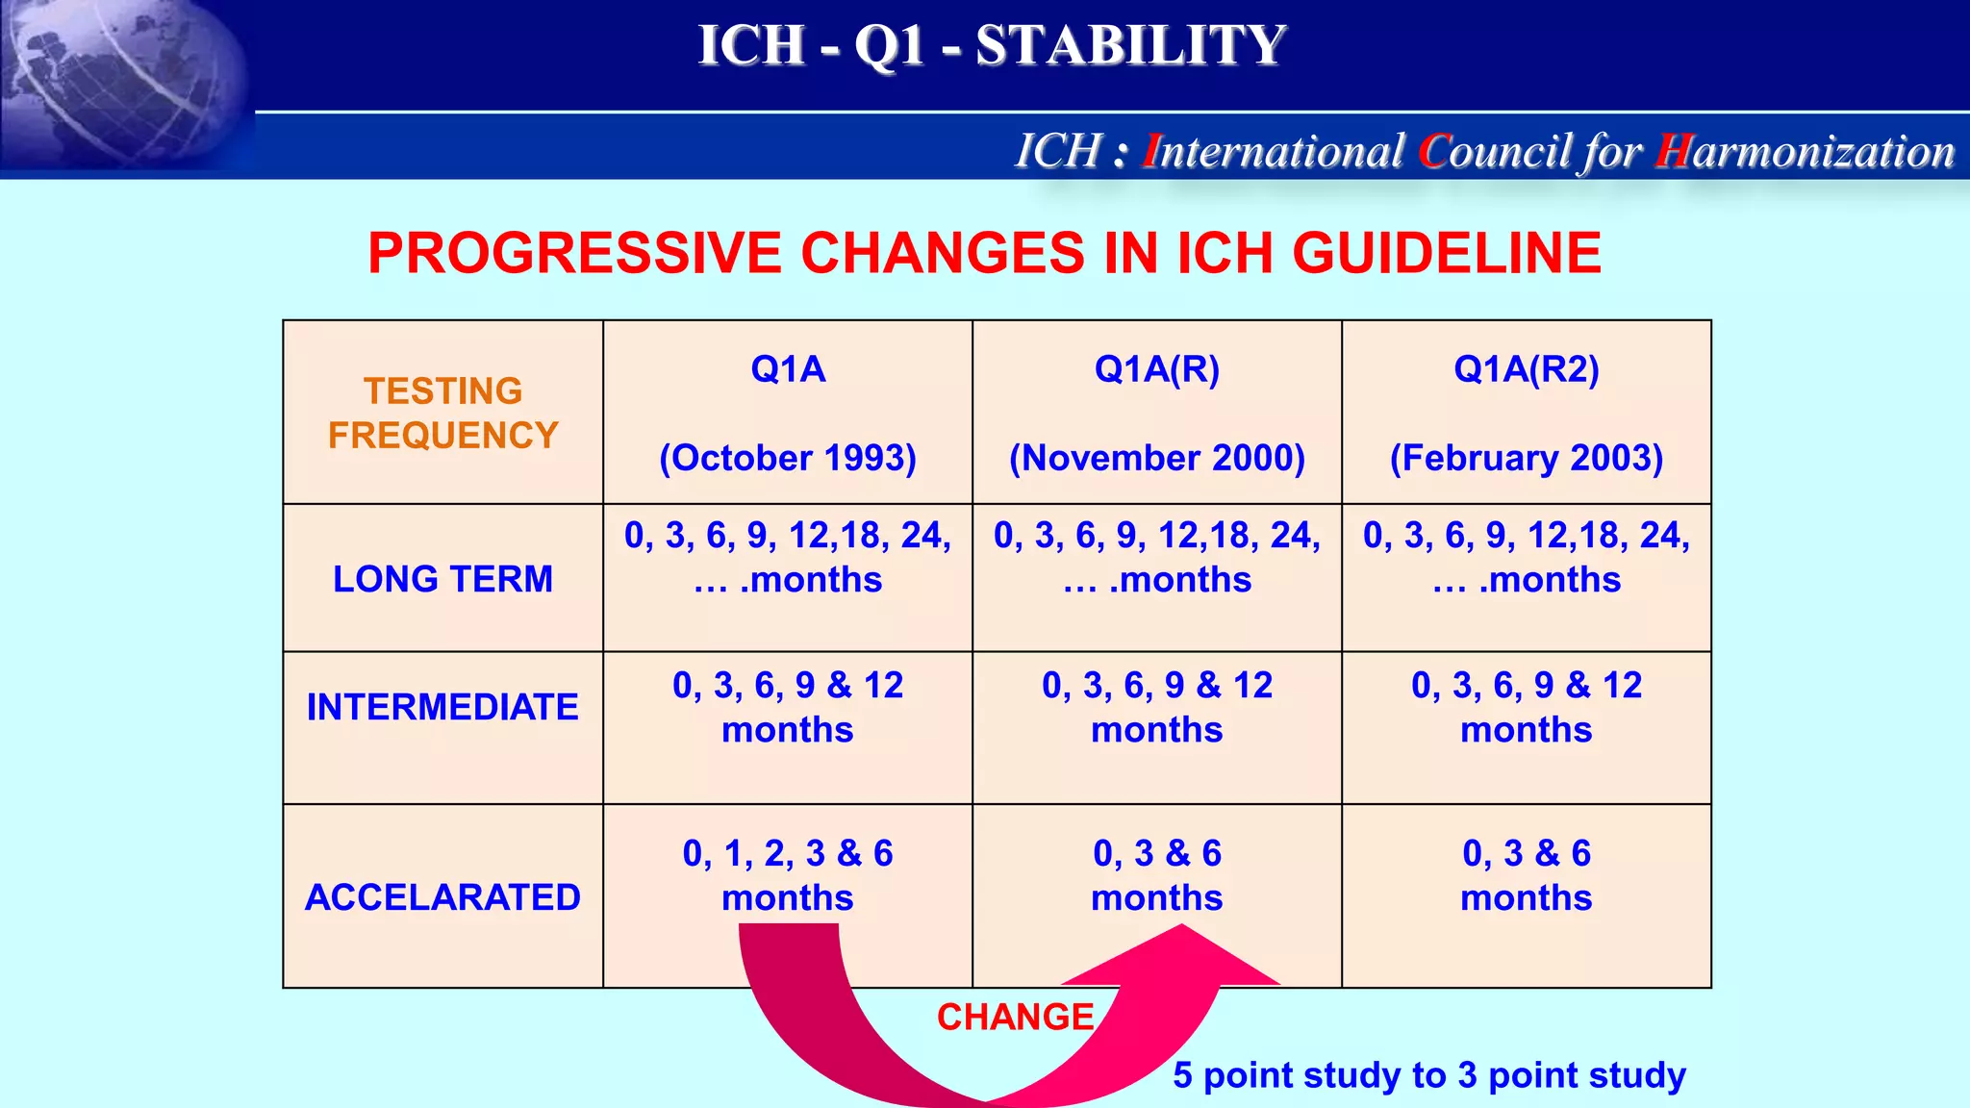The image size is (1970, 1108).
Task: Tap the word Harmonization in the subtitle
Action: click(1806, 152)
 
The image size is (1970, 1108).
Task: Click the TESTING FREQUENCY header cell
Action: click(442, 414)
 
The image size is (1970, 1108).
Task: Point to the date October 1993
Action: click(788, 458)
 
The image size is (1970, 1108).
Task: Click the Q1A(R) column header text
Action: click(1156, 369)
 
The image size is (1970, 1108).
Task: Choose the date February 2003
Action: click(1527, 458)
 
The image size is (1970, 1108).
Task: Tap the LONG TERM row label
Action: click(442, 579)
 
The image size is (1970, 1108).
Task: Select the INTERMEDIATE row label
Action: click(442, 707)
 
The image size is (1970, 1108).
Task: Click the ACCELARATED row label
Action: click(442, 897)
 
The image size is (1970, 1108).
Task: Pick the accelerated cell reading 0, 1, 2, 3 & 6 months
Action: click(788, 874)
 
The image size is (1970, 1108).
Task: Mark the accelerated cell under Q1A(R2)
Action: click(1527, 874)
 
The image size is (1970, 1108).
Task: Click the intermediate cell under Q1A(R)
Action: click(1156, 707)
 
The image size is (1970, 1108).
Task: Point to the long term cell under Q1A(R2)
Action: click(1527, 557)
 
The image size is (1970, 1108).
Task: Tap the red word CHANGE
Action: click(1016, 1018)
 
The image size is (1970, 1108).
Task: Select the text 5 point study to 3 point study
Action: click(1429, 1075)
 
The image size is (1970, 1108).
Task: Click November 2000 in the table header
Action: click(1156, 458)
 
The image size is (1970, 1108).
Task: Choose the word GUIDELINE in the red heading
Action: click(1446, 254)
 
